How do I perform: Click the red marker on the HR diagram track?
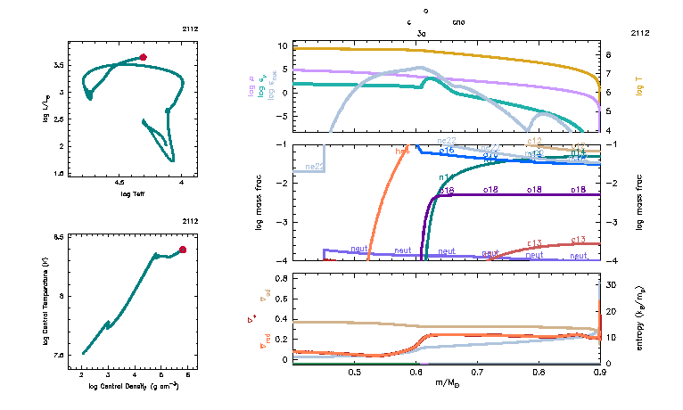143,57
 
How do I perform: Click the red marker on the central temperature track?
183,250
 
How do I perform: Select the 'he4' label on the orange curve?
402,152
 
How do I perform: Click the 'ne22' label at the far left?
314,167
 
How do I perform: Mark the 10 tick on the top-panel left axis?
282,45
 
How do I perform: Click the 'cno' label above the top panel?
458,21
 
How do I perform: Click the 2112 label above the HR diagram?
191,29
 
